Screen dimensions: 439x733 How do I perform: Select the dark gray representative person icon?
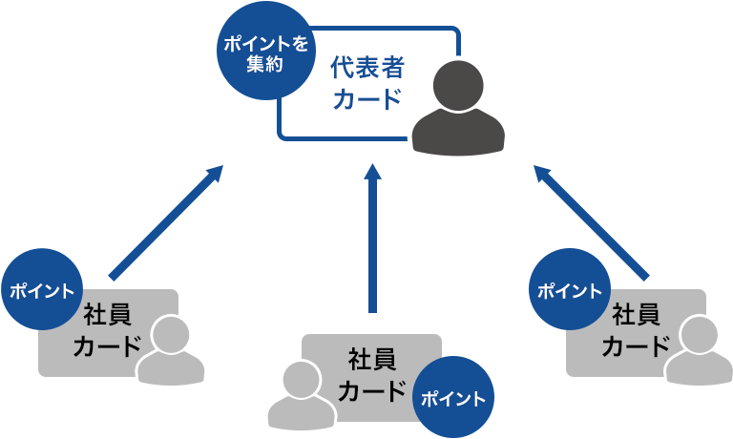coord(459,108)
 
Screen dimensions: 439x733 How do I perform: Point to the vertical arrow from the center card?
coord(373,239)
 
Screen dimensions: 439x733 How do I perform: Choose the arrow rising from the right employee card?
coord(593,224)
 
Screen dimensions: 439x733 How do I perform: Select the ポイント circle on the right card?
coord(571,290)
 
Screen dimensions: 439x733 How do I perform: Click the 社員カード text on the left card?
coord(106,329)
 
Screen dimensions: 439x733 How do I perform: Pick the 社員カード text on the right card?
coord(635,329)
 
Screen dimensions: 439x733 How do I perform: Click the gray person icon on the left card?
coord(171,351)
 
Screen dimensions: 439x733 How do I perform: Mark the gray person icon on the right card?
coord(699,351)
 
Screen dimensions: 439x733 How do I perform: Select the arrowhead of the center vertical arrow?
coord(373,173)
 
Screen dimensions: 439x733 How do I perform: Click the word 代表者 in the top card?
coord(366,68)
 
